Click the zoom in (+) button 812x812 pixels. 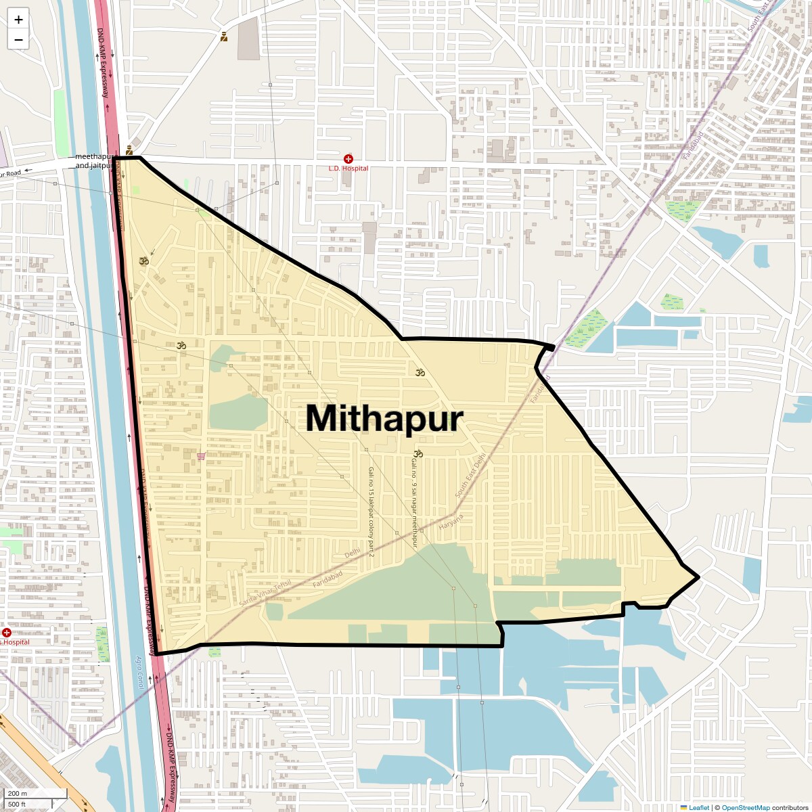coord(18,20)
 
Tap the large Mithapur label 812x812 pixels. coord(384,418)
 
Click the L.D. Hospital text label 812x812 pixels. coord(348,168)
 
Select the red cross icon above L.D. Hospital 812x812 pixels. coord(348,158)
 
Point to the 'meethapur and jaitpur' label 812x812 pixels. coord(93,161)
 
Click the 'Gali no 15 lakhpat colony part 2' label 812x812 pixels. coord(371,507)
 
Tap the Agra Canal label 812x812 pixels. coord(139,672)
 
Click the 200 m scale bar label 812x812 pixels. coord(18,794)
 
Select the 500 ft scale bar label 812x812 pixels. coord(17,805)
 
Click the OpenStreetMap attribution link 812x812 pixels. coord(746,807)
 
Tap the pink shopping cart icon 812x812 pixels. coord(201,456)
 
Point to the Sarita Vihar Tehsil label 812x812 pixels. coord(265,593)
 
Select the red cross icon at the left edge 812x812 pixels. coord(6,633)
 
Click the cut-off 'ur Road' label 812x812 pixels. coord(10,174)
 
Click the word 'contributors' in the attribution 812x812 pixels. coord(790,807)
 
